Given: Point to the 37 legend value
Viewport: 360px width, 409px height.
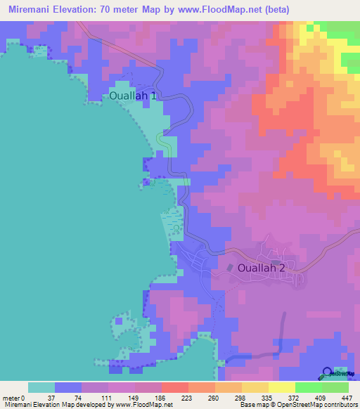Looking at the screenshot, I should tap(41, 398).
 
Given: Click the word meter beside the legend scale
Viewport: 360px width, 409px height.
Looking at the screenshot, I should tap(11, 398).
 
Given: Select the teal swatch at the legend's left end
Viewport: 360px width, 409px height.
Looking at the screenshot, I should tap(41, 387).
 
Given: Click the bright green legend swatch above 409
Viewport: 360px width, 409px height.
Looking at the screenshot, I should tap(308, 387).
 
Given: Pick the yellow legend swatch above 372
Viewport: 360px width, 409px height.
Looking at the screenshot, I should tap(281, 387).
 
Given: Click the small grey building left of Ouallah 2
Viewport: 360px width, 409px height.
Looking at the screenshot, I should tap(230, 267).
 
